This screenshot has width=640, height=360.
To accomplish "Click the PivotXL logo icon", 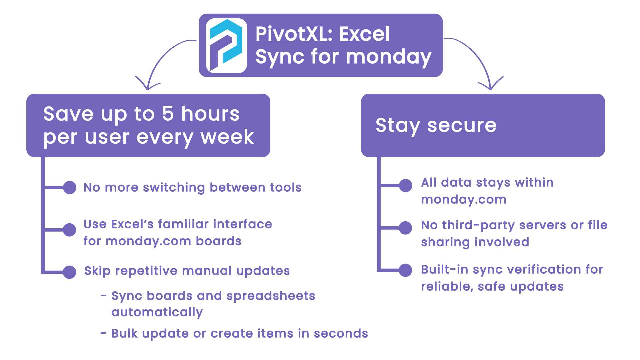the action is pyautogui.click(x=226, y=46).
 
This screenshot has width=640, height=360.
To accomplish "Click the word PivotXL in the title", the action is pyautogui.click(x=295, y=34).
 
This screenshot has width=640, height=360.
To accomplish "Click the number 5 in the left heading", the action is pyautogui.click(x=168, y=114).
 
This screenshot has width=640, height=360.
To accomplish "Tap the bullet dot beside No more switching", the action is pyautogui.click(x=70, y=187).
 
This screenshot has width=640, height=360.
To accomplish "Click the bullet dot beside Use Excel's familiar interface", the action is pyautogui.click(x=70, y=230).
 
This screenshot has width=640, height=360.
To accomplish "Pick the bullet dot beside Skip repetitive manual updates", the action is pyautogui.click(x=70, y=272).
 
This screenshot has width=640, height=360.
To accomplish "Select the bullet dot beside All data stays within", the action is pyautogui.click(x=406, y=185).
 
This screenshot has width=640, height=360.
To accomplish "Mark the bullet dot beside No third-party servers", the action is pyautogui.click(x=406, y=228).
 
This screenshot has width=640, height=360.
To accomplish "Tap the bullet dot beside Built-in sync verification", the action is pyautogui.click(x=406, y=270).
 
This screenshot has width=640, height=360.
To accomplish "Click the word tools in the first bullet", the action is pyautogui.click(x=286, y=188).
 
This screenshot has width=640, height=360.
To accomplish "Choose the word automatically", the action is pyautogui.click(x=157, y=313).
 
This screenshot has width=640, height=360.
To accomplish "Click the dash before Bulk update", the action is pyautogui.click(x=104, y=333).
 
